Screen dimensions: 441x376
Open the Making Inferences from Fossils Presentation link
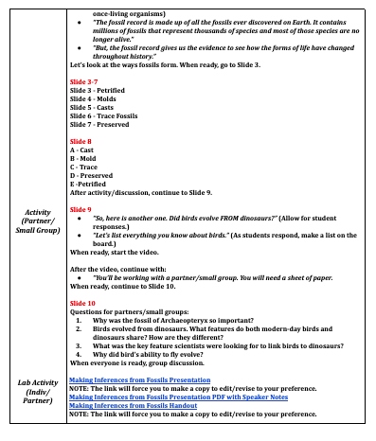click(142, 380)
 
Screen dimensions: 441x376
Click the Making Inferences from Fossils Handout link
click(133, 405)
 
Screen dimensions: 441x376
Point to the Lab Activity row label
click(35, 393)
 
